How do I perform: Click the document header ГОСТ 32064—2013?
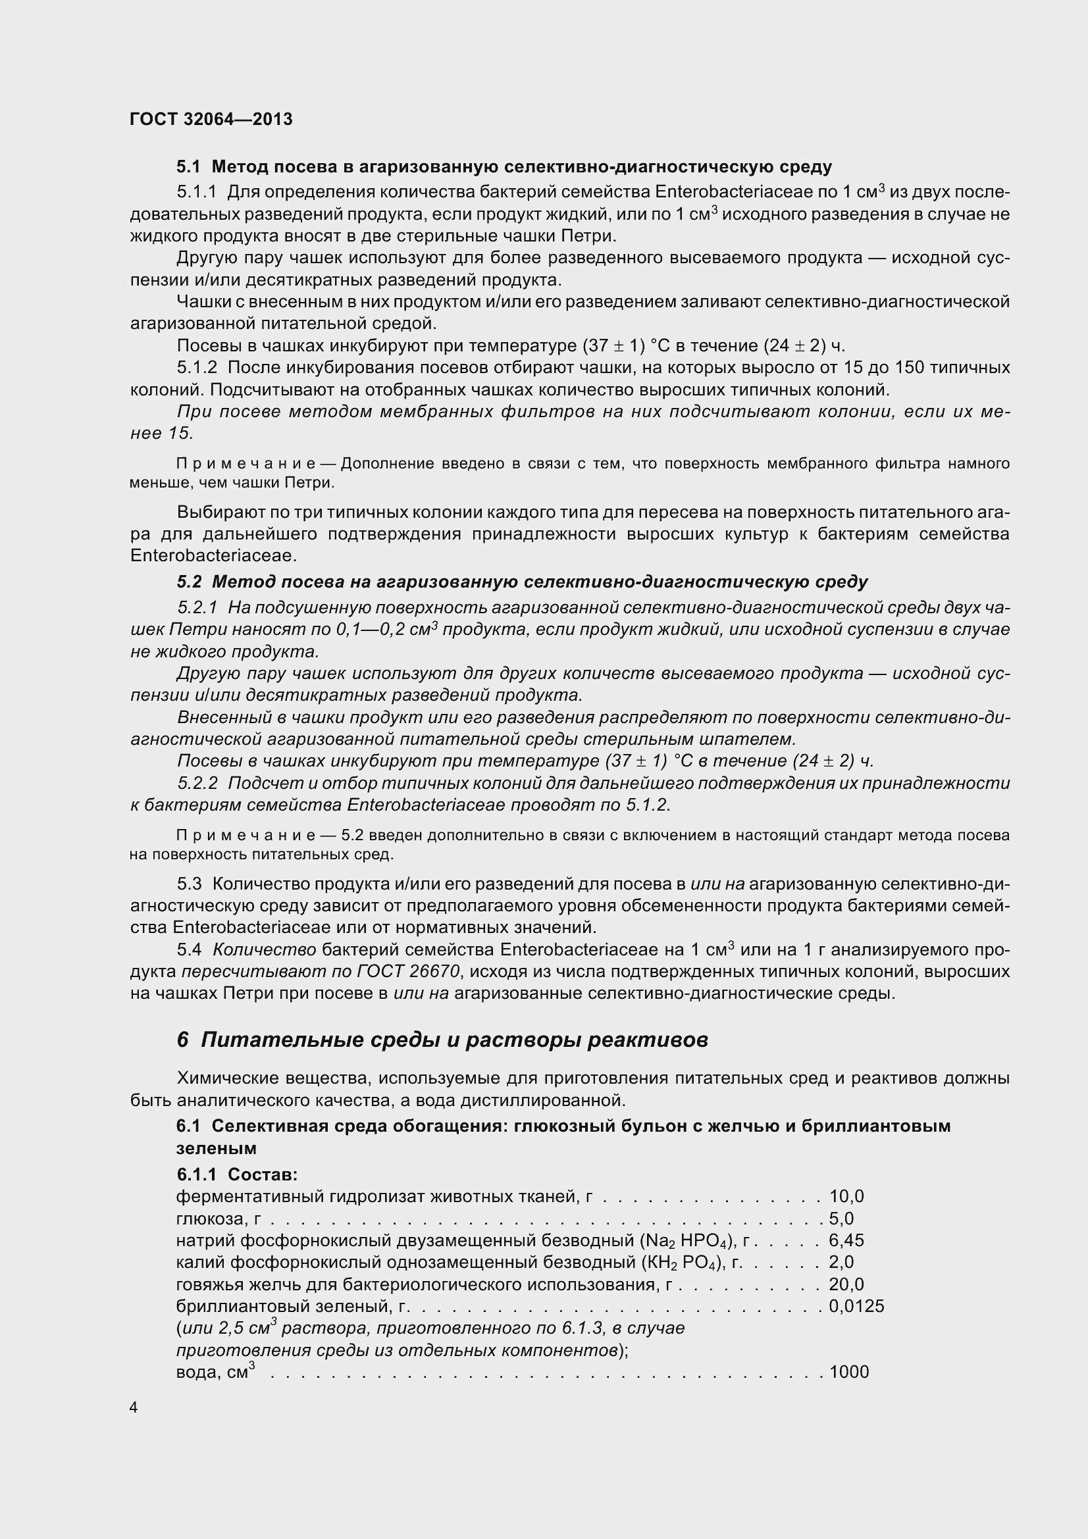[x=211, y=119]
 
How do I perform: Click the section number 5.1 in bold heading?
[x=188, y=166]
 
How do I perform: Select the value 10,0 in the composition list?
[x=846, y=1196]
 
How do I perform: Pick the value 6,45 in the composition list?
[x=846, y=1241]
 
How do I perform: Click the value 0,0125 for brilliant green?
[x=856, y=1307]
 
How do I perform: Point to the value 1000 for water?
[x=848, y=1372]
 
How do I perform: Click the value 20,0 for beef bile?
[x=846, y=1284]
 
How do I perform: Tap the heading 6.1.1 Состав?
[x=237, y=1174]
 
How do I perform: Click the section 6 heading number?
[x=183, y=1040]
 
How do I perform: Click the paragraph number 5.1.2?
[x=197, y=367]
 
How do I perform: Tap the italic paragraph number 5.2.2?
[x=197, y=783]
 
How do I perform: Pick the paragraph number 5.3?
[x=189, y=884]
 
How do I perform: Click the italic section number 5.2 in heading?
[x=189, y=582]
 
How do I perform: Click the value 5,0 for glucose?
[x=841, y=1219]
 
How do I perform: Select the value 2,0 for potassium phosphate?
[x=841, y=1263]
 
